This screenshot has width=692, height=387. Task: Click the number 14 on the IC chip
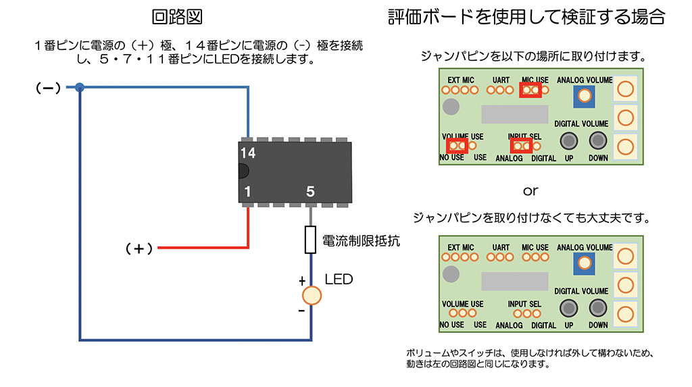coord(248,153)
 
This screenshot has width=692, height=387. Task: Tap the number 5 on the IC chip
coord(310,192)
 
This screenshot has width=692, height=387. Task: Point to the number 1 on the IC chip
coord(248,192)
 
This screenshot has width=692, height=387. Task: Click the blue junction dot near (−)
coord(80,87)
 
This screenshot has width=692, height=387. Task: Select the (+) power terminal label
coord(139,249)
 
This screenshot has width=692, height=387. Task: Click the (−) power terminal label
coord(48,88)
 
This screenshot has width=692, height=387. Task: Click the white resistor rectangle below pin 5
coord(311,240)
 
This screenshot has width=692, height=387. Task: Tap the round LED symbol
coord(311,295)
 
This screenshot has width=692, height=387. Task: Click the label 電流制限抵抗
coord(361,240)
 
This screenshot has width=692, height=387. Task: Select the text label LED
coord(339,279)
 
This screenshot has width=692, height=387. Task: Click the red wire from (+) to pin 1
coord(203,249)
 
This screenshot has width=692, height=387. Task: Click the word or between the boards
coord(530,190)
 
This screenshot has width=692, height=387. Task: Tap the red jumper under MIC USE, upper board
coord(530,90)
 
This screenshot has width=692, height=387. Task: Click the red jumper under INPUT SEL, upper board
coord(520,145)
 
